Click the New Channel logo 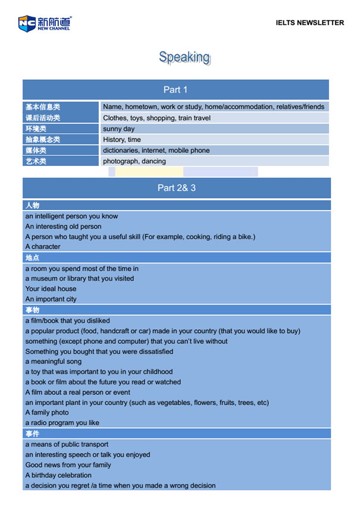[x=44, y=23]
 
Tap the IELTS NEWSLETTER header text [x=309, y=23]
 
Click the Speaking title [x=184, y=57]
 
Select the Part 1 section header [x=176, y=90]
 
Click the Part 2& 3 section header [x=176, y=188]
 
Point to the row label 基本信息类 [x=42, y=107]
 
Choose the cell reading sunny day [x=119, y=128]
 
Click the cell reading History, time [x=122, y=140]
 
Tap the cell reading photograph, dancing [x=134, y=161]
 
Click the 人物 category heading [x=32, y=205]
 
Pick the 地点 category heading [x=32, y=258]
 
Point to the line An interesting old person [x=63, y=227]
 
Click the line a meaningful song [x=54, y=362]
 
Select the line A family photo [x=47, y=413]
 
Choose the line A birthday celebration [x=58, y=475]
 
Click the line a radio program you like [x=62, y=423]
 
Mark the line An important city [x=51, y=299]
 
